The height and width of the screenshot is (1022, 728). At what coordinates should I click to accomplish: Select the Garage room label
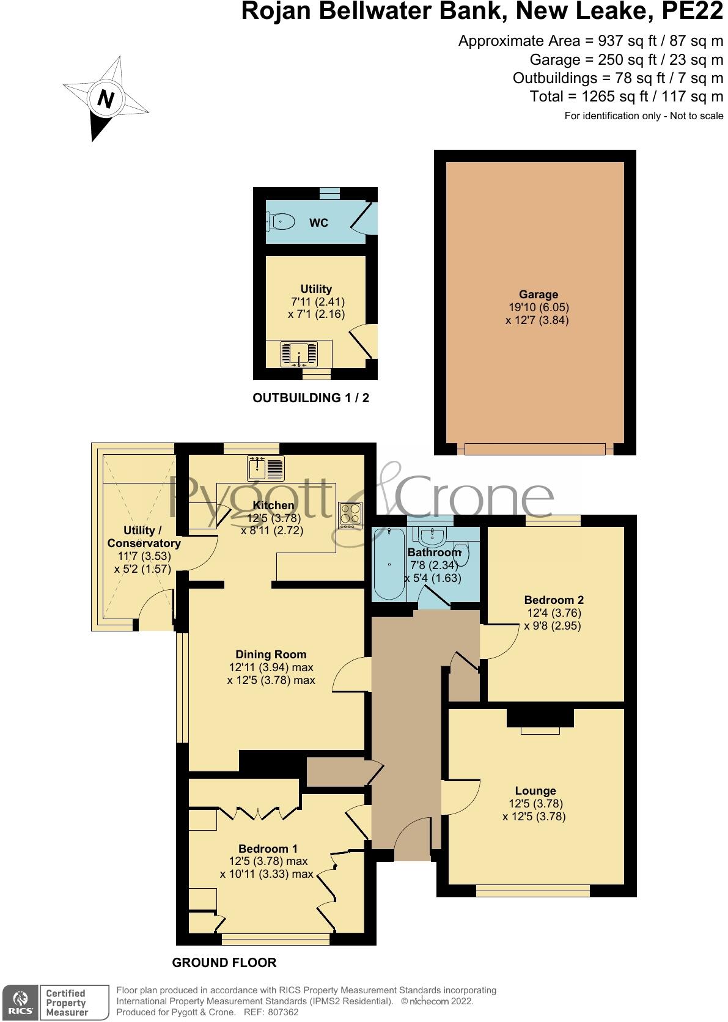pyautogui.click(x=539, y=295)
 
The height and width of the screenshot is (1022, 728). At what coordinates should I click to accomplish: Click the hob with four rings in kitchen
pyautogui.click(x=351, y=514)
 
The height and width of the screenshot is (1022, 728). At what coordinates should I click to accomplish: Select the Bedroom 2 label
pyautogui.click(x=554, y=600)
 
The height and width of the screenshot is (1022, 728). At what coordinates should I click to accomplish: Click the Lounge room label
pyautogui.click(x=535, y=791)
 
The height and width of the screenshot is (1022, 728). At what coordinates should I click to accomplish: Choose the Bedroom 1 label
pyautogui.click(x=268, y=849)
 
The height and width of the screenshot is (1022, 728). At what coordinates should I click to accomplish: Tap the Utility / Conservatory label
pyautogui.click(x=144, y=537)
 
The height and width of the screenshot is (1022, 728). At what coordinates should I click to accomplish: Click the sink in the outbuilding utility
pyautogui.click(x=300, y=353)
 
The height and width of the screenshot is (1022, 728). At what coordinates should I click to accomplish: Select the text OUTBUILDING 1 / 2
pyautogui.click(x=311, y=398)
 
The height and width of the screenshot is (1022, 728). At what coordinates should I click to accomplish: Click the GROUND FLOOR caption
pyautogui.click(x=224, y=963)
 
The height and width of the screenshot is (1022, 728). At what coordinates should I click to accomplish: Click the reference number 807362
pyautogui.click(x=280, y=1012)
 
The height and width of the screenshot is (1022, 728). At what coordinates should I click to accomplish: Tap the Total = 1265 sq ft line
pyautogui.click(x=626, y=97)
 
